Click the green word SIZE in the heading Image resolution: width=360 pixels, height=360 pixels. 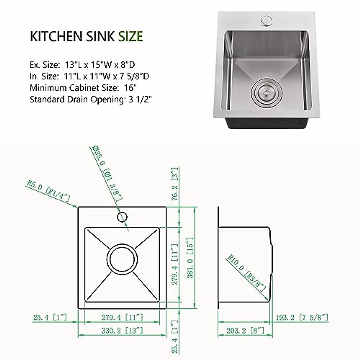coord(130,36)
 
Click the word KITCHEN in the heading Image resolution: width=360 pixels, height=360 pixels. coord(56,36)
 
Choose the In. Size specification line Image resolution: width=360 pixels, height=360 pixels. coord(89,76)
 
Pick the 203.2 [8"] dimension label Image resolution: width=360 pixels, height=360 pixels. coord(244,331)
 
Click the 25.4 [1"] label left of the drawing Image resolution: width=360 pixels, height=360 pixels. coord(49,317)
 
